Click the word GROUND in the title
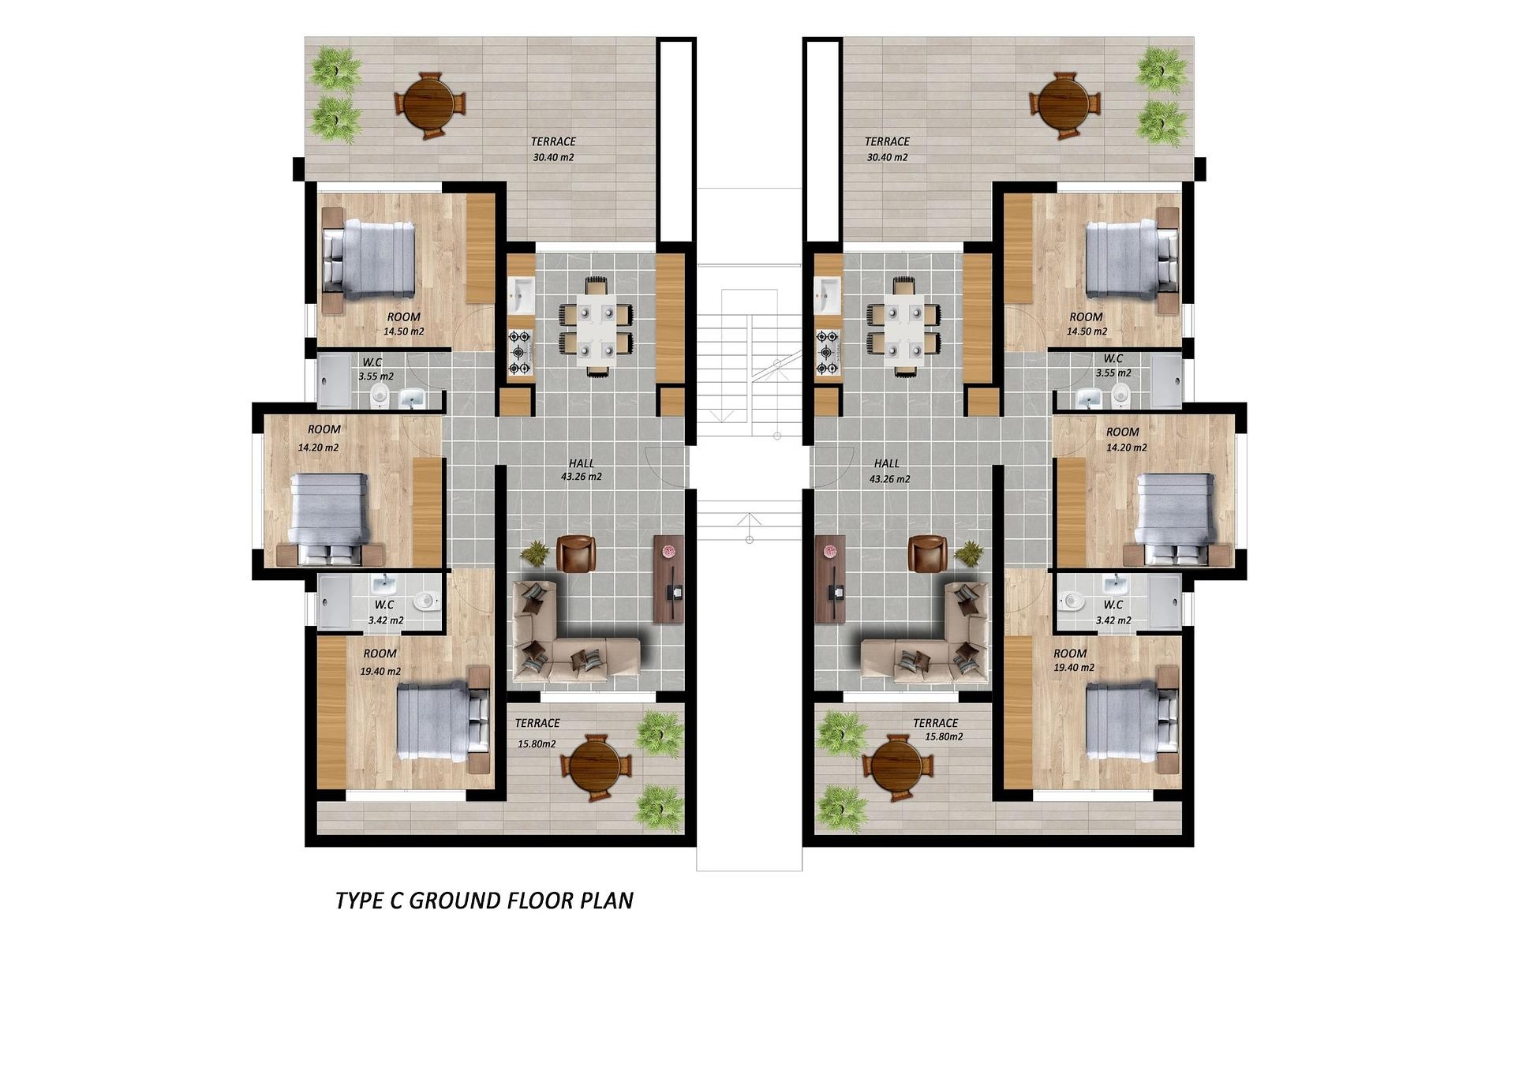[x=455, y=901]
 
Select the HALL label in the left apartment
[x=581, y=463]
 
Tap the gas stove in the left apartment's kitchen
[x=520, y=352]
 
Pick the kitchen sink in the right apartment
[x=828, y=295]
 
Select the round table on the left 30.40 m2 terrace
[x=429, y=105]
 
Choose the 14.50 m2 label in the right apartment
[x=1087, y=331]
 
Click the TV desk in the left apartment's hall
[x=668, y=579]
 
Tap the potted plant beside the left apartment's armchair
[x=536, y=552]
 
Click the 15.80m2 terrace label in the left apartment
[x=537, y=743]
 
